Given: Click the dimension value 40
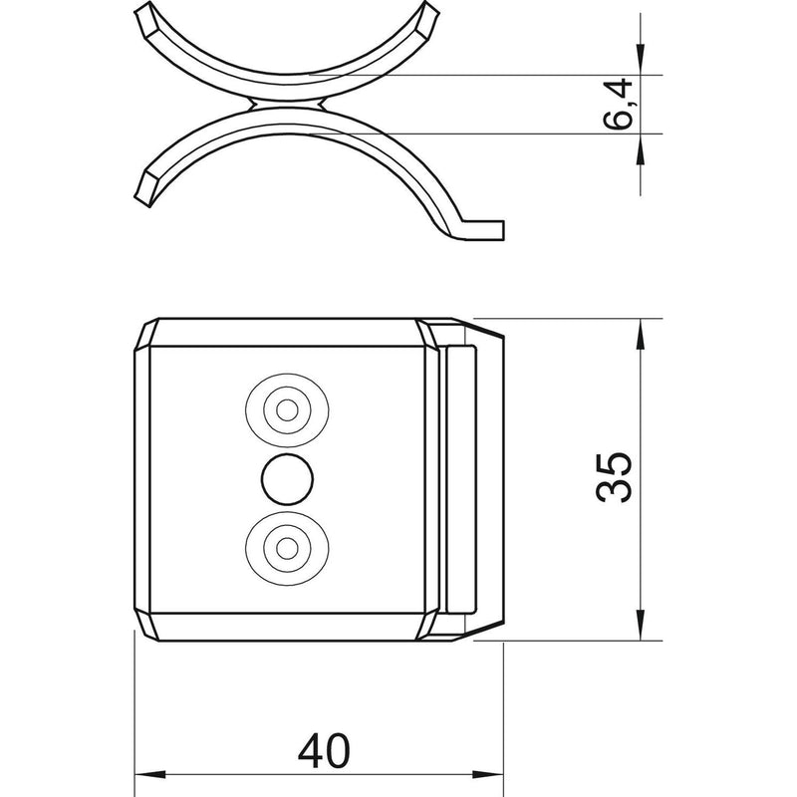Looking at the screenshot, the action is [x=324, y=751].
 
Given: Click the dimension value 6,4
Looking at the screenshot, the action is [x=617, y=105].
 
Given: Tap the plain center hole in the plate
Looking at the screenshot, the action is [x=287, y=479].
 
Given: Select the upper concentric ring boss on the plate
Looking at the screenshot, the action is [x=287, y=410].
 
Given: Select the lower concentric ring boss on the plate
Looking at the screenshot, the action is [x=287, y=548].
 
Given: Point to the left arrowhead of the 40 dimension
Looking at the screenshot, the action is [x=150, y=775].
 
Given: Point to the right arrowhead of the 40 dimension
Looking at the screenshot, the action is [x=487, y=775].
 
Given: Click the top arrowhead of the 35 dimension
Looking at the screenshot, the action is [x=640, y=335].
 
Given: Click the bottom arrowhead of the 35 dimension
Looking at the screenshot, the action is [x=640, y=625].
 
